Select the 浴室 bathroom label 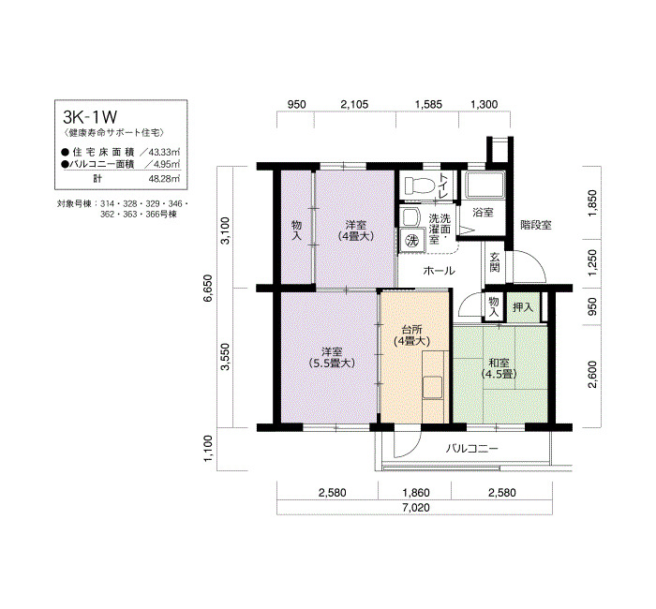tap(483, 213)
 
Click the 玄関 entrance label tap(495, 262)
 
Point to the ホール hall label tap(439, 271)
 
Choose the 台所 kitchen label tap(412, 329)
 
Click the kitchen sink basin tap(433, 387)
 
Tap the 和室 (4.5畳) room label tap(499, 368)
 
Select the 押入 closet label tap(523, 308)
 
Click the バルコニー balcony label tap(472, 449)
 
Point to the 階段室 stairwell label tap(536, 225)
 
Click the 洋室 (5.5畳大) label tap(332, 358)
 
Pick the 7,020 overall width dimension tap(416, 508)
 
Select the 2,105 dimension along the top tap(354, 104)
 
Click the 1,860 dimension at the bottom tap(415, 492)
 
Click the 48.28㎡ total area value tap(164, 179)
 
